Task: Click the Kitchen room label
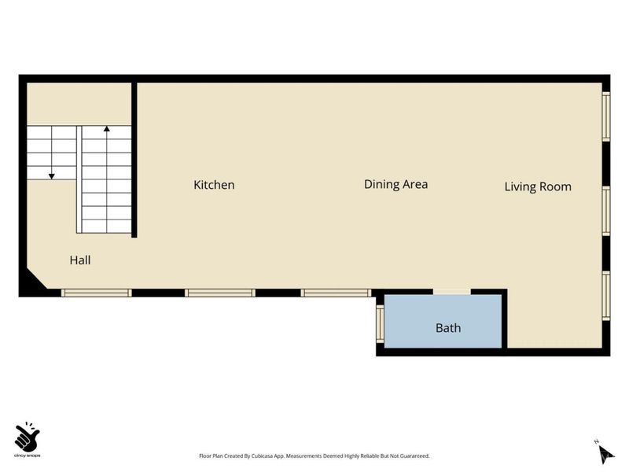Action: [x=214, y=185]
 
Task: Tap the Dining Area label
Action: [x=395, y=184]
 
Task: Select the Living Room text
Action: [x=538, y=186]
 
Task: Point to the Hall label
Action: [x=80, y=260]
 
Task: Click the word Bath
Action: [x=448, y=328]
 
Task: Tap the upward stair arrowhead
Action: [x=107, y=129]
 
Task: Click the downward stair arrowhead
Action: [x=52, y=176]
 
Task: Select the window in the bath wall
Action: [x=380, y=324]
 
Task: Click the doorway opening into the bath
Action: [x=451, y=292]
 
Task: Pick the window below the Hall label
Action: [x=96, y=293]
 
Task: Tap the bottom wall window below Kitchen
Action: [x=220, y=293]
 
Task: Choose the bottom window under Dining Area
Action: [x=337, y=293]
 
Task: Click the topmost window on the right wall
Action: [x=606, y=116]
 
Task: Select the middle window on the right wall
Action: [x=606, y=211]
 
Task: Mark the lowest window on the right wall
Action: [x=606, y=296]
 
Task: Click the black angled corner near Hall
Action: [x=34, y=282]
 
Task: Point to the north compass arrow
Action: [x=605, y=454]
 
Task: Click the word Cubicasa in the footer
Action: [x=262, y=456]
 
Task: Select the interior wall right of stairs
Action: [x=134, y=160]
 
